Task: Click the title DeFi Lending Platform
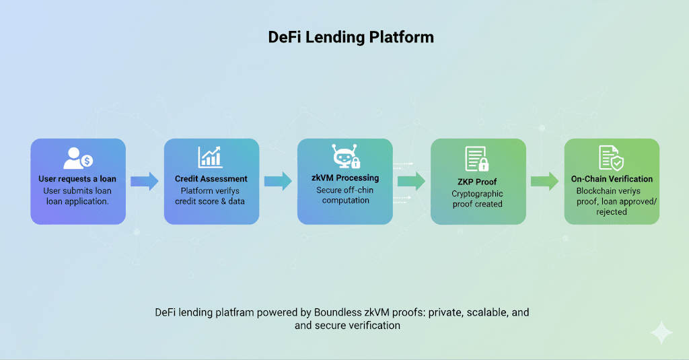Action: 351,38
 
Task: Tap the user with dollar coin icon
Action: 78,158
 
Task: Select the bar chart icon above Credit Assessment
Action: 210,157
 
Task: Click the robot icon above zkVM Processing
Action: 346,157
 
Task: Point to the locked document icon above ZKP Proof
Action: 477,159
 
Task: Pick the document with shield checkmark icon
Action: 611,158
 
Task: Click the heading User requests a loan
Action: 77,179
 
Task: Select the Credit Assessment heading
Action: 211,179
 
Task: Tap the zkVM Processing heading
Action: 345,178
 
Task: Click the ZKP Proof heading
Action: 477,182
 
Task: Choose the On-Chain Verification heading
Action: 612,179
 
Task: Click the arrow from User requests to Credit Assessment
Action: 145,181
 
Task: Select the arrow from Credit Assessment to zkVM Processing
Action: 278,181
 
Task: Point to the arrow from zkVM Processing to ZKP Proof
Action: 412,181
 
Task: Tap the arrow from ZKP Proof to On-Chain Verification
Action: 545,181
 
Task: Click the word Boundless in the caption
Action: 338,312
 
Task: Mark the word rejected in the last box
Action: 612,212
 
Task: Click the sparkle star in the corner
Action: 661,332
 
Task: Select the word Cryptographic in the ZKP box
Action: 477,194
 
